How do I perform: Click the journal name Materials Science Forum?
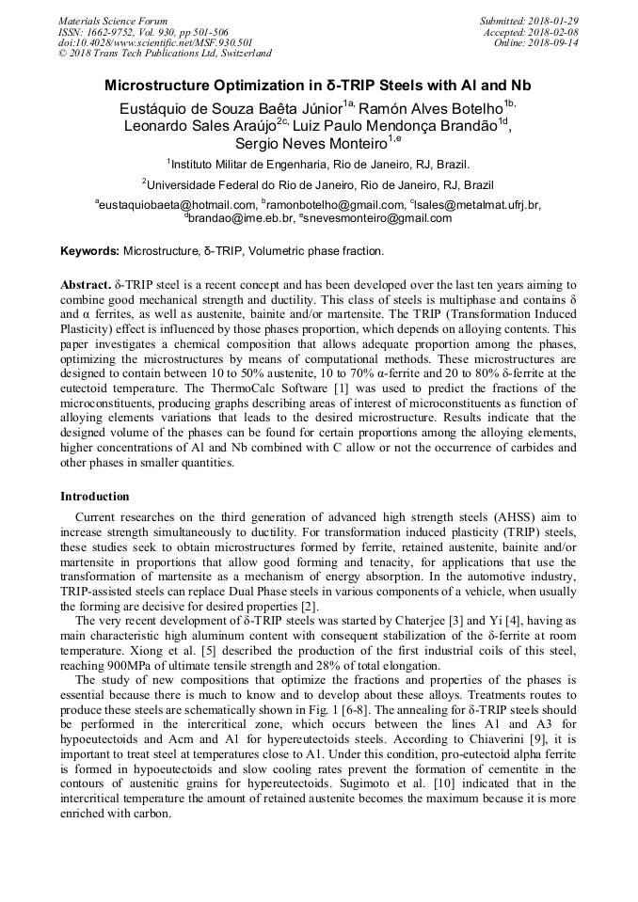pyautogui.click(x=113, y=21)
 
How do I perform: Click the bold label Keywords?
pyautogui.click(x=89, y=252)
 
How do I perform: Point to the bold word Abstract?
pyautogui.click(x=85, y=284)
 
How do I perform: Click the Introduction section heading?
pyautogui.click(x=95, y=497)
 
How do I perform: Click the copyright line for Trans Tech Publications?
pyautogui.click(x=165, y=54)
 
